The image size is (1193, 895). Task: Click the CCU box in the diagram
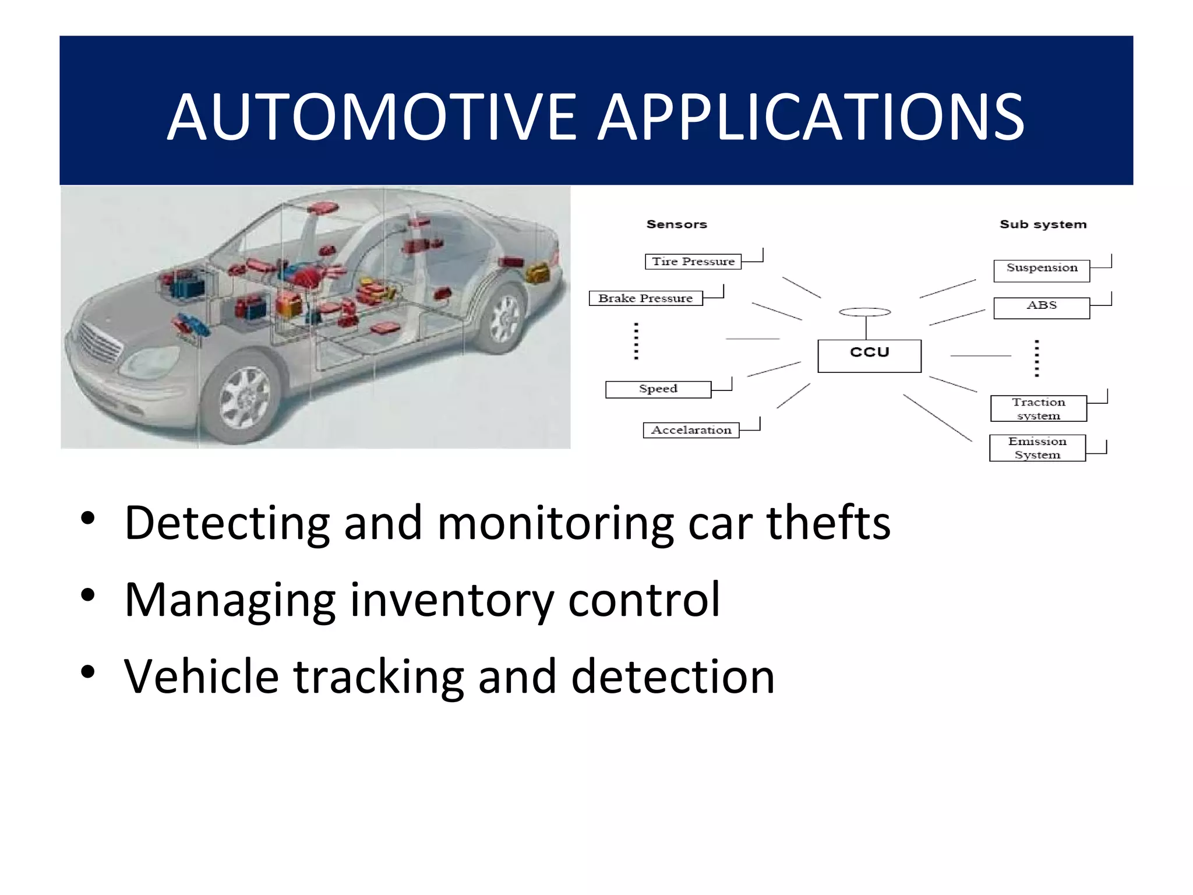pyautogui.click(x=869, y=355)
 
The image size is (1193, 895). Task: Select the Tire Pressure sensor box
pyautogui.click(x=693, y=262)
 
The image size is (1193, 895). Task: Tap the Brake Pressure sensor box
pyautogui.click(x=645, y=298)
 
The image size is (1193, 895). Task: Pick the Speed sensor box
pyautogui.click(x=658, y=389)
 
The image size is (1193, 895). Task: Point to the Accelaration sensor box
pyautogui.click(x=691, y=430)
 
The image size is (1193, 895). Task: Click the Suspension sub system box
pyautogui.click(x=1042, y=270)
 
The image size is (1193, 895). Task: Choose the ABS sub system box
pyautogui.click(x=1042, y=308)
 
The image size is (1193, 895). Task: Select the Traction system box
pyautogui.click(x=1038, y=408)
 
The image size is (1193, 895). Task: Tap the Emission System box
pyautogui.click(x=1037, y=448)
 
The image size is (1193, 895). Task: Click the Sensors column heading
pyautogui.click(x=676, y=224)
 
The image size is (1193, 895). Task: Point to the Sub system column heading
pyautogui.click(x=1043, y=224)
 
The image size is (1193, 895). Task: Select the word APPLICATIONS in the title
pyautogui.click(x=811, y=118)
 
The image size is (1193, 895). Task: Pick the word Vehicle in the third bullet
pyautogui.click(x=202, y=677)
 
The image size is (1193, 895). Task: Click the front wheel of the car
pyautogui.click(x=245, y=400)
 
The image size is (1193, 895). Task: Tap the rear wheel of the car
pyautogui.click(x=504, y=318)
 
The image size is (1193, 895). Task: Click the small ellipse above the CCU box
pyautogui.click(x=864, y=312)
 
